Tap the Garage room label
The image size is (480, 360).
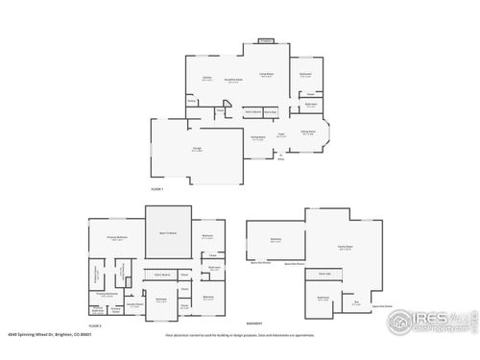click(197, 149)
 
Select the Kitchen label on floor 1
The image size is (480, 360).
click(206, 79)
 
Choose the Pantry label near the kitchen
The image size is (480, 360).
click(192, 100)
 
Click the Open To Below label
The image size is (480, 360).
click(169, 231)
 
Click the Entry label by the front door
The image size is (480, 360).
click(281, 159)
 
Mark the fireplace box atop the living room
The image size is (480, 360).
click(266, 41)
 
